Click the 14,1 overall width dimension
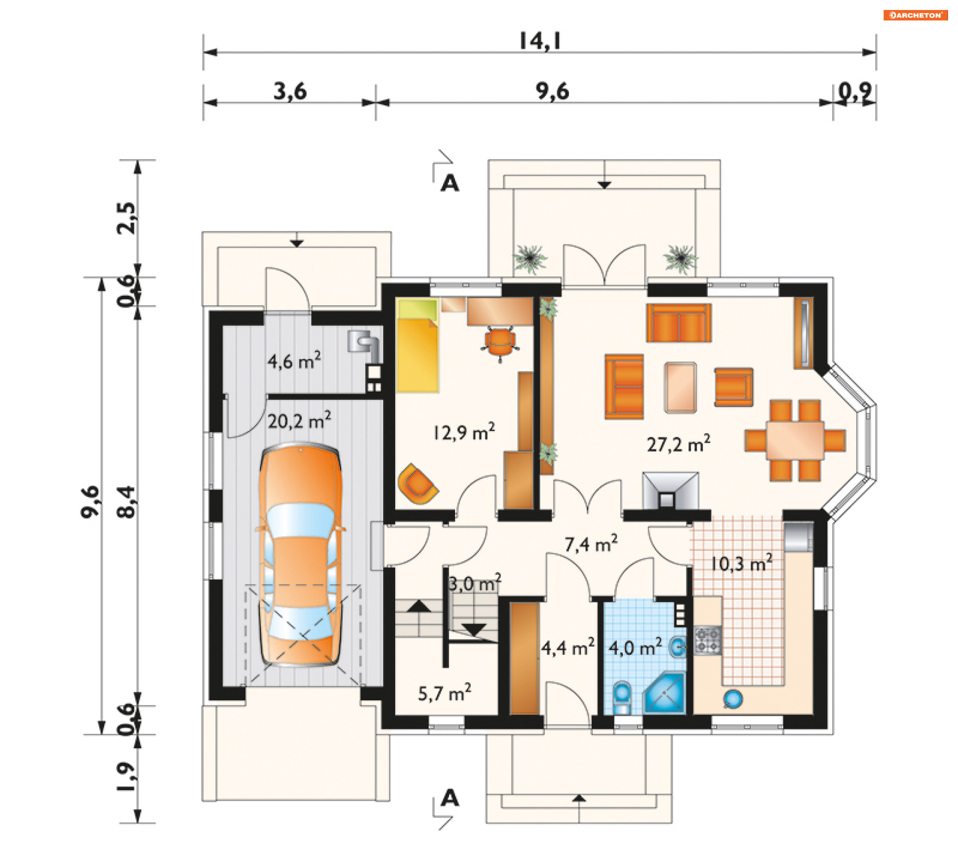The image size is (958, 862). (x=540, y=41)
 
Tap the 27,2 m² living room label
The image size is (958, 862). (x=679, y=443)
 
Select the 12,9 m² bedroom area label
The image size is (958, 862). (x=464, y=432)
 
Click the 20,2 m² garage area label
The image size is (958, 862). (x=299, y=421)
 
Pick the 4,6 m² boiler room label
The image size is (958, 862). (x=294, y=360)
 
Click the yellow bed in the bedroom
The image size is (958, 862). (x=418, y=346)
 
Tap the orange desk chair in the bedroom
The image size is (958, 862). (x=500, y=341)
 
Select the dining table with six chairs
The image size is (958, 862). (x=795, y=440)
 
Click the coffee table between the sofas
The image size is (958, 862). (x=680, y=388)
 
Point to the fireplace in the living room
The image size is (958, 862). (x=670, y=491)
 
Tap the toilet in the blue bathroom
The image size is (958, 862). (x=622, y=697)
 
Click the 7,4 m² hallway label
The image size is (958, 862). (x=591, y=544)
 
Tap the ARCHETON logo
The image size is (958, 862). (x=916, y=15)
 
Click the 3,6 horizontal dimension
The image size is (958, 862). (x=290, y=91)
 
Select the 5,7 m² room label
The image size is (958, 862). (x=445, y=693)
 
